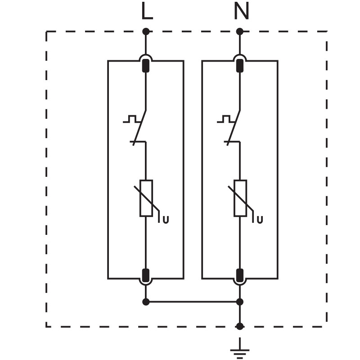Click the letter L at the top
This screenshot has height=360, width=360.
tap(147, 12)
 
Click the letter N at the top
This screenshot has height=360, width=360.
tap(241, 12)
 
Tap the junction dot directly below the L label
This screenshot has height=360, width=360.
tap(146, 31)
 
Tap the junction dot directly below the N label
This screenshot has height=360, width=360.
tap(240, 31)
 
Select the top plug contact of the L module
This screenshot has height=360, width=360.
tap(146, 66)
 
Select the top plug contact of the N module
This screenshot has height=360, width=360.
tap(240, 66)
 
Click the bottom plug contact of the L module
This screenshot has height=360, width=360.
tap(146, 275)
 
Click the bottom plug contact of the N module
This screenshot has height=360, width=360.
tap(240, 275)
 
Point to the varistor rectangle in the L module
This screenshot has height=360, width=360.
tap(146, 198)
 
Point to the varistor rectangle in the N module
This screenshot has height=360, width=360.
tap(240, 198)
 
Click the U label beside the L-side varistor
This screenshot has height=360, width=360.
tap(166, 220)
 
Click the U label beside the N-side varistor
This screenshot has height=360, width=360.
tap(260, 220)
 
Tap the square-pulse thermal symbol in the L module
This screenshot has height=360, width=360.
tap(130, 119)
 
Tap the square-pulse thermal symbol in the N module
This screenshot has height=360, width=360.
tap(225, 119)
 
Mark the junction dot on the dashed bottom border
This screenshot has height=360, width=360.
tap(240, 326)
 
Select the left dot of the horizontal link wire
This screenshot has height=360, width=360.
tap(146, 302)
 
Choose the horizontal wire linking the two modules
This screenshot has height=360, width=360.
tap(193, 302)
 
